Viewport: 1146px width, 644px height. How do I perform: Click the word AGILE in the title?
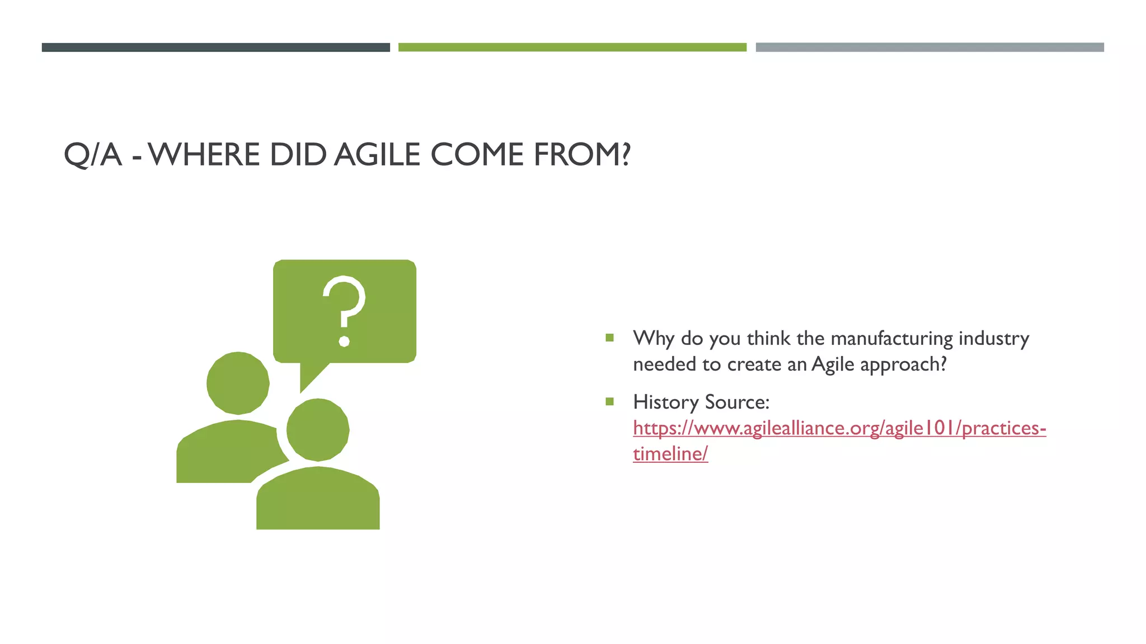tap(377, 155)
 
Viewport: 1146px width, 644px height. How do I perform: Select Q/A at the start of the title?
tap(92, 155)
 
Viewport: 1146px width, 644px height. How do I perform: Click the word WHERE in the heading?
tap(204, 155)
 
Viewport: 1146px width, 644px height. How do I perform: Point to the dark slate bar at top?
tap(215, 48)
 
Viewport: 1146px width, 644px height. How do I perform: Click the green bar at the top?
tap(572, 48)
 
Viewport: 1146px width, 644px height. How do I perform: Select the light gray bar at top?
tap(929, 48)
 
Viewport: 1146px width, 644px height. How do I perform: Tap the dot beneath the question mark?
tap(345, 341)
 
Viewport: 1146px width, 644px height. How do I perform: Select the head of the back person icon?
tap(238, 383)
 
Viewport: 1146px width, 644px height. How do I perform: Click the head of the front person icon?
tap(318, 430)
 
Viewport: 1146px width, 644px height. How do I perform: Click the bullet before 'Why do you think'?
tap(609, 338)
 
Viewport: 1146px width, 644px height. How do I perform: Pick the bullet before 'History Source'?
tap(609, 401)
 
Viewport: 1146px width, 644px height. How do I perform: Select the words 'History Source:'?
tap(701, 402)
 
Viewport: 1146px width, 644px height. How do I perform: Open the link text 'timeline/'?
tap(670, 453)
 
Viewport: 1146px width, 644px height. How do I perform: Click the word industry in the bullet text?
tap(994, 338)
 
